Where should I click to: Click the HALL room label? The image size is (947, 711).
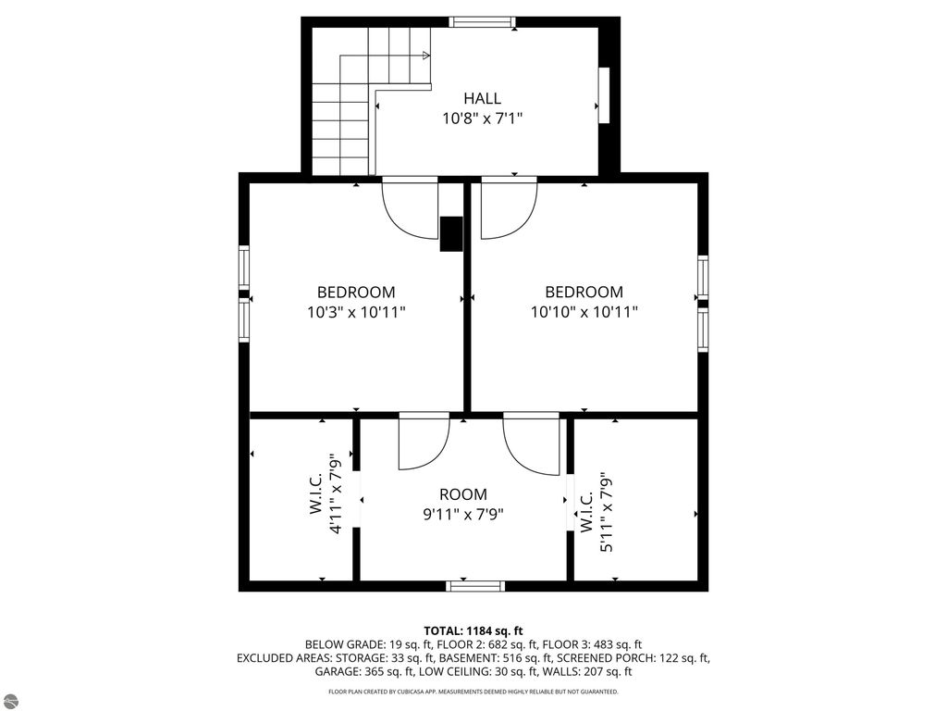[x=482, y=98]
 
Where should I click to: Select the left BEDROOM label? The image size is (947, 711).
[x=356, y=292]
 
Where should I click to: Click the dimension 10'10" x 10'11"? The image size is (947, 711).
[x=584, y=312]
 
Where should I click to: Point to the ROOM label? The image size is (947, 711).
[x=462, y=494]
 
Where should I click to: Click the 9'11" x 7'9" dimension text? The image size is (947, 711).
[x=462, y=514]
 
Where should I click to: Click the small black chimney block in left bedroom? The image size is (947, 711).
[x=450, y=234]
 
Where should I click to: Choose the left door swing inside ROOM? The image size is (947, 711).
[x=423, y=443]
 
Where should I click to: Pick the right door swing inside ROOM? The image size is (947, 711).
[x=533, y=447]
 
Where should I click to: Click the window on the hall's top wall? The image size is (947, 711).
[x=481, y=22]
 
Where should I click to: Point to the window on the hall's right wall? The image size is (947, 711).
[x=604, y=94]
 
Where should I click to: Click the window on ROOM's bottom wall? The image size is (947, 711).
[x=475, y=585]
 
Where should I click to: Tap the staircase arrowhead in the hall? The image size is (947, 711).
[x=426, y=56]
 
